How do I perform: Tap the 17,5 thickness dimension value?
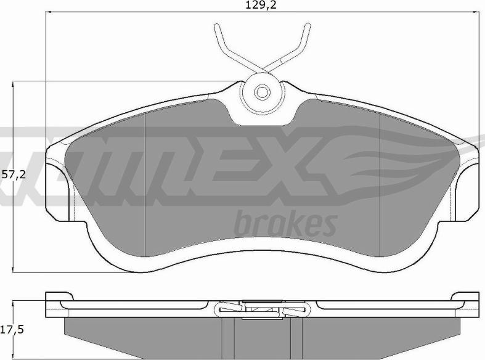click(12, 330)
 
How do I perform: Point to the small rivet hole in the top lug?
click(263, 92)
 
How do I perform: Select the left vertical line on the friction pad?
click(144, 185)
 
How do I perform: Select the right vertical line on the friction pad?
click(381, 185)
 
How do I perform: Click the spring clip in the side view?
click(262, 308)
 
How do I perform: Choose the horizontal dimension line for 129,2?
click(154, 12)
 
